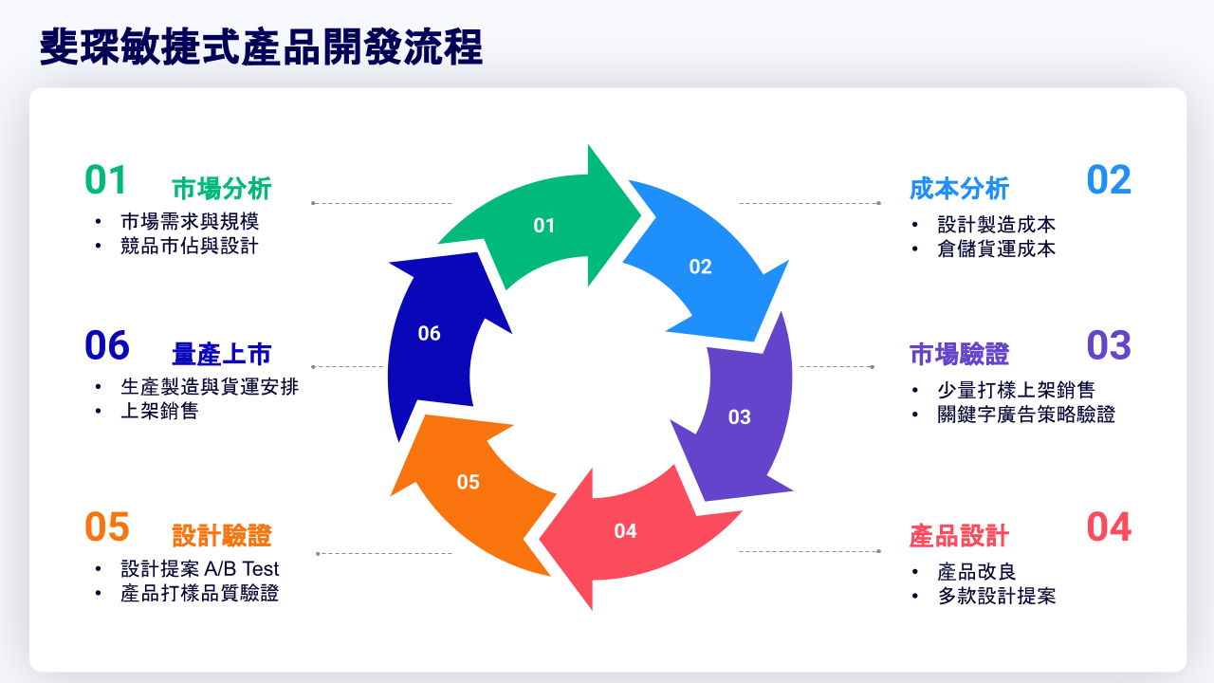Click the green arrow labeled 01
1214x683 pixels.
pos(543,225)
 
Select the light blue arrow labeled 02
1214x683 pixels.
pos(700,267)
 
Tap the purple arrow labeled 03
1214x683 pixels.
pos(740,416)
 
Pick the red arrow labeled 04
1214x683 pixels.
pos(626,531)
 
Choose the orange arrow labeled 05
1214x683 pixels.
pos(469,482)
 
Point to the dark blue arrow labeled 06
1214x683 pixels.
pos(430,333)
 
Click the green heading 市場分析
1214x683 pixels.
pos(222,189)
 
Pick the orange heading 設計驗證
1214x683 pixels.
pos(222,536)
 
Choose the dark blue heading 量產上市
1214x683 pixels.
pos(222,354)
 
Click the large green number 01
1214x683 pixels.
pos(106,180)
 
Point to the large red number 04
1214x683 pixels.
pos(1109,527)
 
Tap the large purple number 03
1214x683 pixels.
pos(1109,346)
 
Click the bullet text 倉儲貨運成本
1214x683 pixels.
pos(996,249)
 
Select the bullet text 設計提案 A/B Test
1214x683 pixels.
pos(200,569)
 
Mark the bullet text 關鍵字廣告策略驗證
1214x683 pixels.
pos(1026,415)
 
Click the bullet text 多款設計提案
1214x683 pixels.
pos(996,596)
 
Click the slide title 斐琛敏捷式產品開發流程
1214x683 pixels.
pos(262,46)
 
